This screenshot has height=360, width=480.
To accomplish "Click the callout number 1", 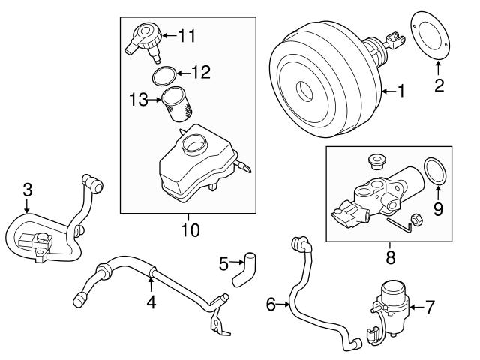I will click(x=400, y=92).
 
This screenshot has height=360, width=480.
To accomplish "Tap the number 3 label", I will click(x=27, y=190).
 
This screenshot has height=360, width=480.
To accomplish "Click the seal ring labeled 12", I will click(x=164, y=75).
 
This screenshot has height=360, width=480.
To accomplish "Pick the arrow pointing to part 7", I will click(x=415, y=306).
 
